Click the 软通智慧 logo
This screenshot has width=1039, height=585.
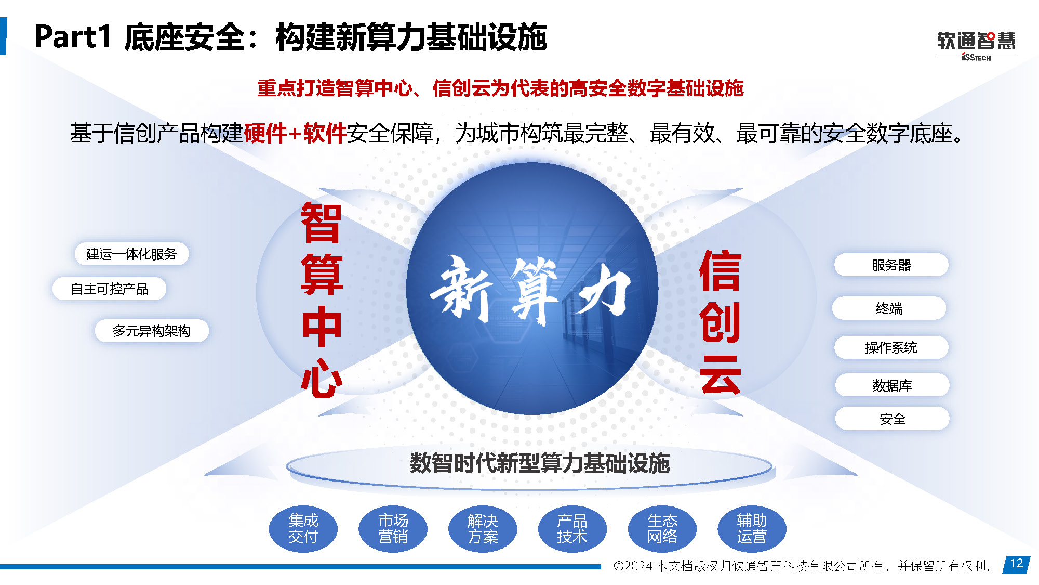click(x=976, y=46)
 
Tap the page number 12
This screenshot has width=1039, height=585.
click(x=1017, y=564)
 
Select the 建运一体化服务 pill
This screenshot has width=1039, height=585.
click(x=131, y=254)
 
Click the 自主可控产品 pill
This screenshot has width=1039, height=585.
click(x=110, y=289)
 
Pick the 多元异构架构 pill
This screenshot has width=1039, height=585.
click(x=152, y=331)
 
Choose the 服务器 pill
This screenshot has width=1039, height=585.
click(x=891, y=265)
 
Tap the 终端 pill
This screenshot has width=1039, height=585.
click(x=889, y=308)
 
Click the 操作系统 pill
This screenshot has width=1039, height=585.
click(x=891, y=347)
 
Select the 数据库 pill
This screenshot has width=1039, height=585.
click(x=893, y=385)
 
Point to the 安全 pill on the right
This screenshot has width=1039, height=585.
click(x=893, y=419)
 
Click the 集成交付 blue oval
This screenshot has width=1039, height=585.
click(x=303, y=529)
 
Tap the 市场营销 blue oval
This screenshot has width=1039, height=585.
click(x=393, y=529)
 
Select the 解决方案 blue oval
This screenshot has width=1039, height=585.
click(x=483, y=529)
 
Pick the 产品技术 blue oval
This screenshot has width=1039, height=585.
click(x=572, y=529)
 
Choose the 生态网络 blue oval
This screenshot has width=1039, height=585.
click(x=662, y=529)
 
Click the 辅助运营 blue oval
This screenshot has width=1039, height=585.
click(x=752, y=529)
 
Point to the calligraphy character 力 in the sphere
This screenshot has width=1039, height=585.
click(x=603, y=290)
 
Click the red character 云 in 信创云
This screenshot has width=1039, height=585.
click(x=720, y=374)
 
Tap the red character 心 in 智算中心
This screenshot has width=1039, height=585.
click(x=322, y=378)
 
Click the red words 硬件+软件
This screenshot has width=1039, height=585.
click(x=295, y=133)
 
